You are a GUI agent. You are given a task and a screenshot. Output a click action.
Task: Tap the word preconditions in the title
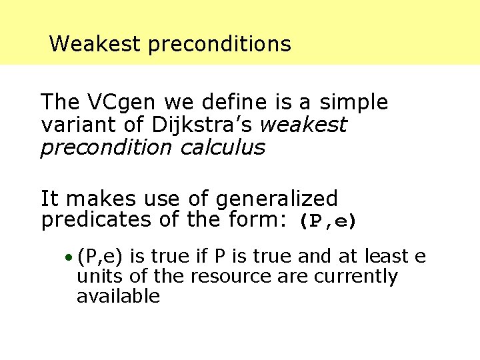point(219,45)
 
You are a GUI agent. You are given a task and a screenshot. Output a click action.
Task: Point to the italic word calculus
point(223,147)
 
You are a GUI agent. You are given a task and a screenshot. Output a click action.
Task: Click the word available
point(119,296)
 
